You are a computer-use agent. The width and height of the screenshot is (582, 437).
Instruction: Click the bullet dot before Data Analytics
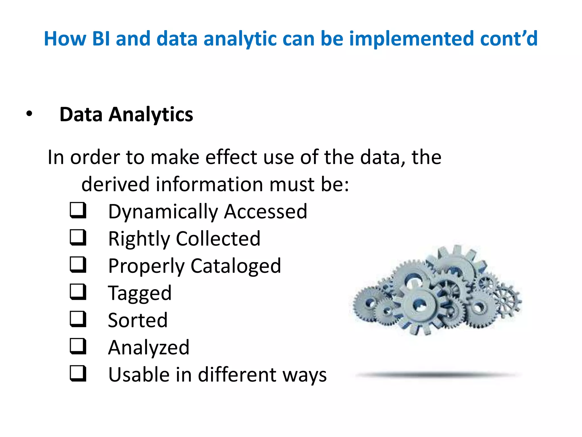tap(29, 114)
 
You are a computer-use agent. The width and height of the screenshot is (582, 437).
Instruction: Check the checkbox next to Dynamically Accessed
tap(78, 210)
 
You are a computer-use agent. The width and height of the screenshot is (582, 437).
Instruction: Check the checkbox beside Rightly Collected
tap(78, 238)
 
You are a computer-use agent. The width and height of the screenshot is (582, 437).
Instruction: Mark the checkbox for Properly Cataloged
tap(78, 265)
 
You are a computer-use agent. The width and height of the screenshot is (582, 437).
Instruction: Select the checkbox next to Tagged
tap(78, 292)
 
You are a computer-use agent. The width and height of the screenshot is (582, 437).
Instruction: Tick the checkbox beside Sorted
tap(78, 319)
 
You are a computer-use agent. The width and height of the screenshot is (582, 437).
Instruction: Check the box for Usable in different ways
tap(78, 373)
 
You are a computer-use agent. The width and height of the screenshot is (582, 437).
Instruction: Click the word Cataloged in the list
tap(236, 266)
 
